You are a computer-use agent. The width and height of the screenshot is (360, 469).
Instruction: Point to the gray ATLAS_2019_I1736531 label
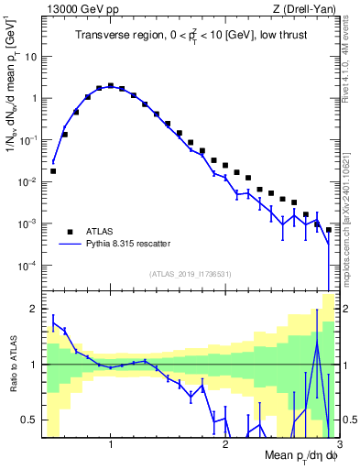point(190,272)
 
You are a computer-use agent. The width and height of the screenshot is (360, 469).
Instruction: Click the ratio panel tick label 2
point(35,309)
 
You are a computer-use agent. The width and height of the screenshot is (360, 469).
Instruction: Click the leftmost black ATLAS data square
point(53,170)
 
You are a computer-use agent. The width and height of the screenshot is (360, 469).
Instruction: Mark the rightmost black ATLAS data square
point(328,230)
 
